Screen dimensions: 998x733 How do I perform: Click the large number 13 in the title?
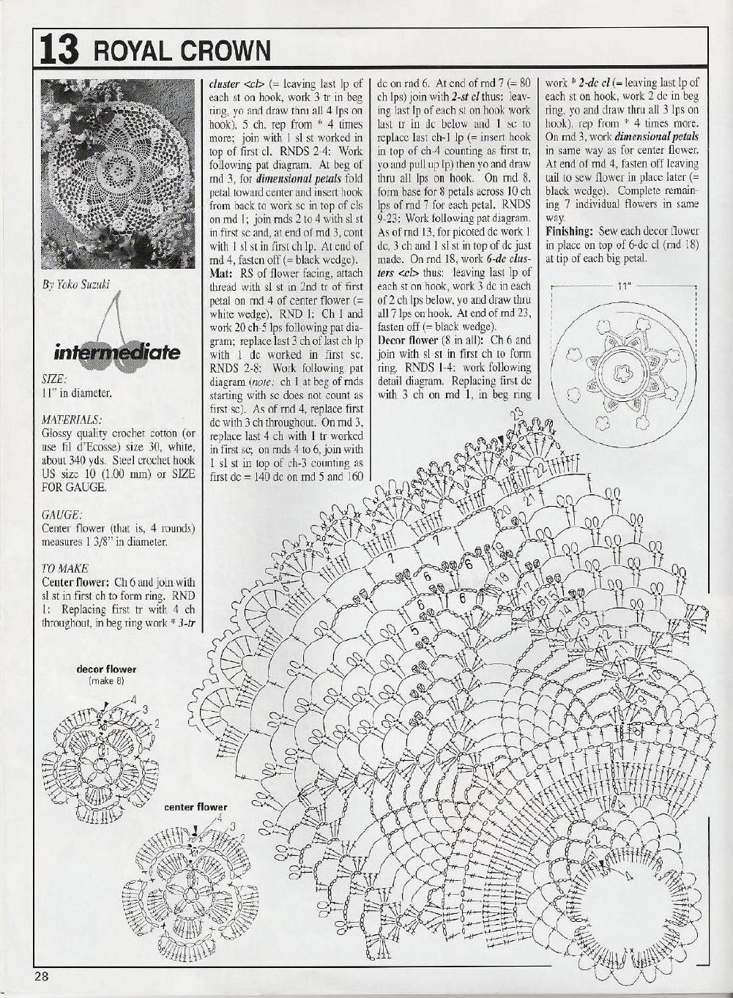[56, 49]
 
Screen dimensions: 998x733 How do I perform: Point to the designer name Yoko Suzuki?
[76, 285]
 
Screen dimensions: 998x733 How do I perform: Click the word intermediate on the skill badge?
[116, 353]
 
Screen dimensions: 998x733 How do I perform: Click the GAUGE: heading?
[60, 515]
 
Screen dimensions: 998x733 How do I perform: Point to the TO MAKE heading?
[65, 568]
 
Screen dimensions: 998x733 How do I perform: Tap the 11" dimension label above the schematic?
[623, 286]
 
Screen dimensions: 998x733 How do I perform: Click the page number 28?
[40, 975]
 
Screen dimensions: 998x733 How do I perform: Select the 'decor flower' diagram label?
[106, 669]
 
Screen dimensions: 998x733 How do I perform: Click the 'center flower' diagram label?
[196, 807]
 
